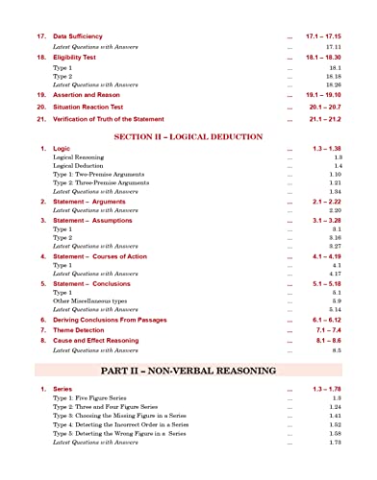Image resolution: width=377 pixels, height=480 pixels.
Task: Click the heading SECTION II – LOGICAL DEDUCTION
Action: tap(188, 137)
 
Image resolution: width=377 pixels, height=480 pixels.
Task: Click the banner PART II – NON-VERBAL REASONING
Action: tap(188, 370)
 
